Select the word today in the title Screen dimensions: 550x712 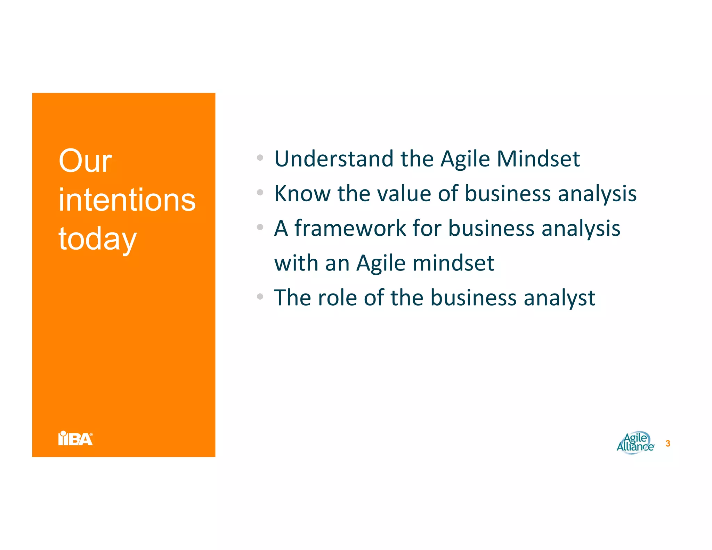97,239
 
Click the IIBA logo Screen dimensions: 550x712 75,438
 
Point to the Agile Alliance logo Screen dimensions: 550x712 635,443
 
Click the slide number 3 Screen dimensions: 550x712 667,444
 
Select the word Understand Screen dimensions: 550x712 334,159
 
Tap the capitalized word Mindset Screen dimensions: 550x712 538,159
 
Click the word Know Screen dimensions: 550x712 302,194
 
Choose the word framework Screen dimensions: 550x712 350,228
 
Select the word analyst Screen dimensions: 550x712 559,298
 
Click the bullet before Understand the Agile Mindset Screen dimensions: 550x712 260,157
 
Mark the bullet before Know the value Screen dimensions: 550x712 260,192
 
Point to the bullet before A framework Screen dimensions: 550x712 260,227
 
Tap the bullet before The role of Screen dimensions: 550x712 260,297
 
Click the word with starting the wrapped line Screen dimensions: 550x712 296,263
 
